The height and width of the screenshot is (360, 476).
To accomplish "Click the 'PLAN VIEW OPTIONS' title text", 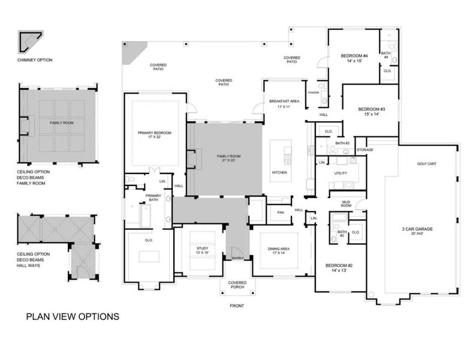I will click(72, 316).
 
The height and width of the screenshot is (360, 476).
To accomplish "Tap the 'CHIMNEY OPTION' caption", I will click(35, 60).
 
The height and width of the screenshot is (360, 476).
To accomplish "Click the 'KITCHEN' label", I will click(280, 172).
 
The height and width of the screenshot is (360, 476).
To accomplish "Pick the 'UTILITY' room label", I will click(341, 172).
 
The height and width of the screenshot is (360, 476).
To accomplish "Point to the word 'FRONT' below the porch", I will click(237, 305).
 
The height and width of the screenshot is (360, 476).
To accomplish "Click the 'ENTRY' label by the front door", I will click(237, 259).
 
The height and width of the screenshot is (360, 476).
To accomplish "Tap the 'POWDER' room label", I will click(313, 92).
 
